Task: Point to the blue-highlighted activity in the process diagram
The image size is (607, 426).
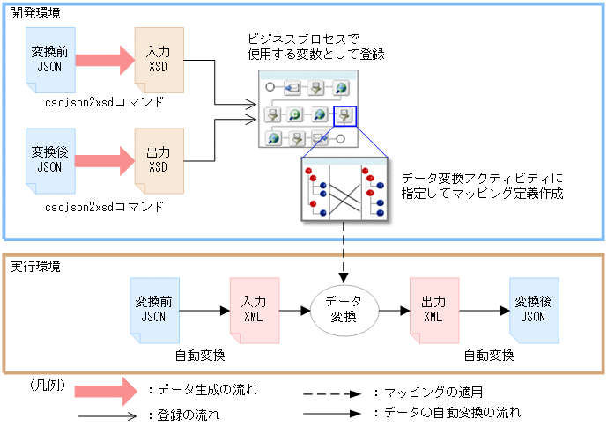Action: click(344, 115)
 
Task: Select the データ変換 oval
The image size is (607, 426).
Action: click(343, 308)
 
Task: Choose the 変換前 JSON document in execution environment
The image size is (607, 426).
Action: click(153, 309)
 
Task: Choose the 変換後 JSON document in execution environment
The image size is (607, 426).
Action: click(534, 309)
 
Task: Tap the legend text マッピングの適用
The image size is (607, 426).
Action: click(426, 392)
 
